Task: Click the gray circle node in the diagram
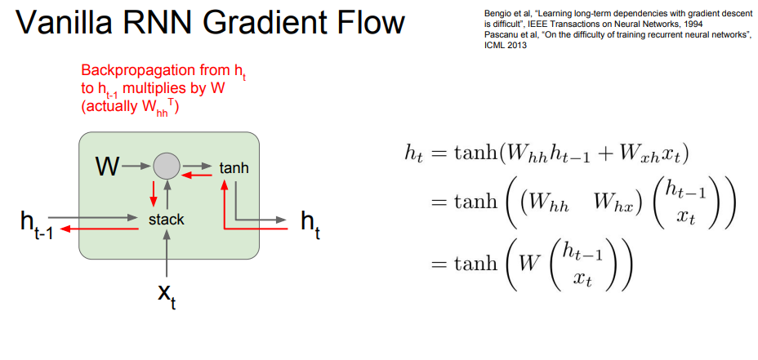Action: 166,168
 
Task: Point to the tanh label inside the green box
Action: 234,168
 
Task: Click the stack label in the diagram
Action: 167,220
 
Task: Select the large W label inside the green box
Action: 107,168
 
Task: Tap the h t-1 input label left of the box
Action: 37,224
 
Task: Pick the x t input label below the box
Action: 167,296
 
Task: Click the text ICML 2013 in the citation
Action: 500,46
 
